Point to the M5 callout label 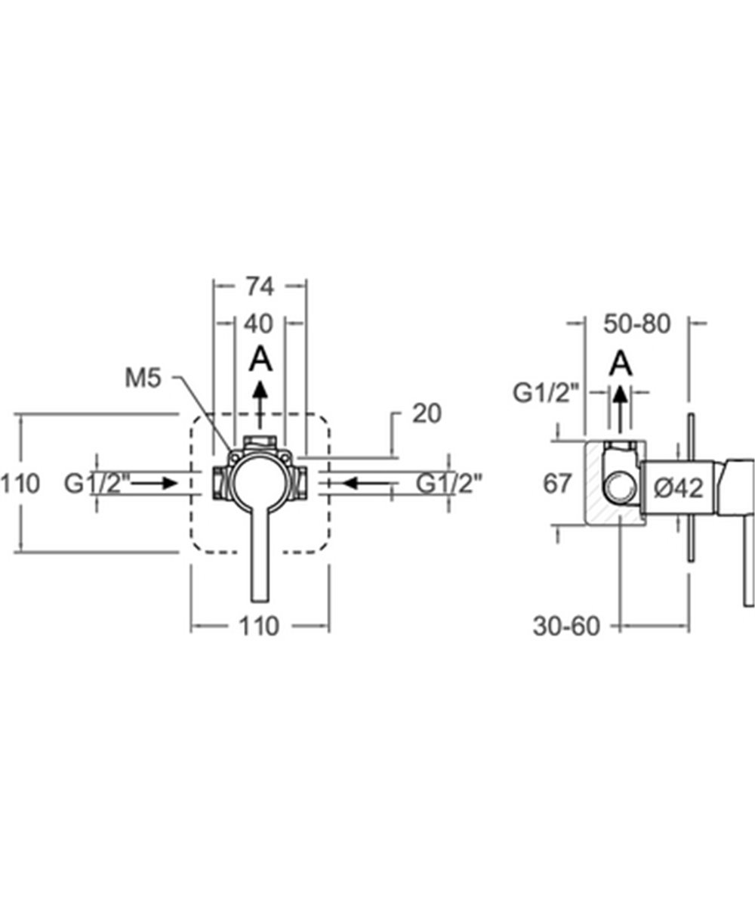click(x=143, y=379)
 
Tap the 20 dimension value click(x=427, y=413)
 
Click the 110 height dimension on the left click(x=20, y=484)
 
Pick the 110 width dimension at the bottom click(x=259, y=626)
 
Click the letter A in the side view click(x=621, y=364)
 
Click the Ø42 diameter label click(x=678, y=488)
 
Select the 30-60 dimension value click(x=565, y=626)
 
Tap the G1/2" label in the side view click(x=546, y=392)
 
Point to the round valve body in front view click(x=259, y=482)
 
